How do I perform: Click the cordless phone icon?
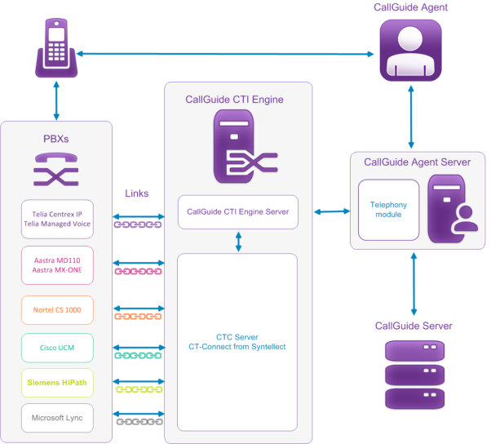coord(57,51)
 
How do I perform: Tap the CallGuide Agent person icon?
coord(410,51)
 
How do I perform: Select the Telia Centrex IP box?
coord(56,218)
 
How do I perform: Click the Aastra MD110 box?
coord(56,265)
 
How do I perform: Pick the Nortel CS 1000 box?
coord(56,310)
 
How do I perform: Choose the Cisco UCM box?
coord(56,349)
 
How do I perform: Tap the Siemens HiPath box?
coord(56,382)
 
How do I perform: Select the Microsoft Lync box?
coord(56,419)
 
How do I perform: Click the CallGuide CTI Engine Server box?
coord(238,212)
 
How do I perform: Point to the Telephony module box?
coord(388,210)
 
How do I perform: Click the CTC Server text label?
coord(237,336)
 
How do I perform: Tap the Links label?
coord(137,193)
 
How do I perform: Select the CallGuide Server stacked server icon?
coord(413,375)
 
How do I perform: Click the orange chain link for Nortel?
coord(139,316)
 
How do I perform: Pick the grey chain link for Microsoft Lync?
coord(139,421)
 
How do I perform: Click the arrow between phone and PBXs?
coord(56,101)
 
